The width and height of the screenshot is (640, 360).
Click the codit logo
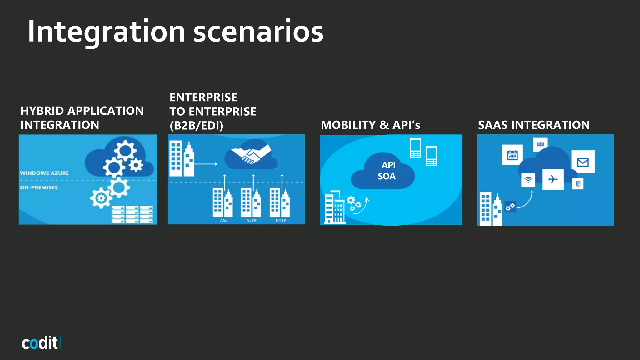(x=41, y=343)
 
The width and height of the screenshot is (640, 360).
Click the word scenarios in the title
(x=258, y=32)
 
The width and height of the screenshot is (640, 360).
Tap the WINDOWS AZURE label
(x=44, y=173)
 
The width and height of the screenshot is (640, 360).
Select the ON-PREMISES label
(x=39, y=187)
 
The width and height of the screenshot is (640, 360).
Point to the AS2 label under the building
(x=224, y=220)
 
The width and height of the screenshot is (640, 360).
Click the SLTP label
(x=252, y=220)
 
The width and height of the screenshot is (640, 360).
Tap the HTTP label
(x=281, y=220)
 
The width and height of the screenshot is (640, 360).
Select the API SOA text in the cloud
(x=387, y=171)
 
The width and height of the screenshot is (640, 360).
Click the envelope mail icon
(x=583, y=162)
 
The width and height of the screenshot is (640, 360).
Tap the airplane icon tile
(x=553, y=179)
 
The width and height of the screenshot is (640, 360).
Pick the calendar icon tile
(x=512, y=155)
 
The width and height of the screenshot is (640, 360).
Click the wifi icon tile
(x=528, y=180)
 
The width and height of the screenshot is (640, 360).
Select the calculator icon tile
(x=578, y=184)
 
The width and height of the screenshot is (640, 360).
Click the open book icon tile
(x=540, y=144)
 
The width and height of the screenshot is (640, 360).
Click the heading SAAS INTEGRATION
(x=534, y=125)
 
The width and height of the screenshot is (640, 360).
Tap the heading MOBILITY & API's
(x=370, y=125)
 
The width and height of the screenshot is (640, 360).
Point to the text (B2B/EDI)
(x=196, y=126)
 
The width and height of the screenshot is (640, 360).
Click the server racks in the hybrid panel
(x=132, y=214)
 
